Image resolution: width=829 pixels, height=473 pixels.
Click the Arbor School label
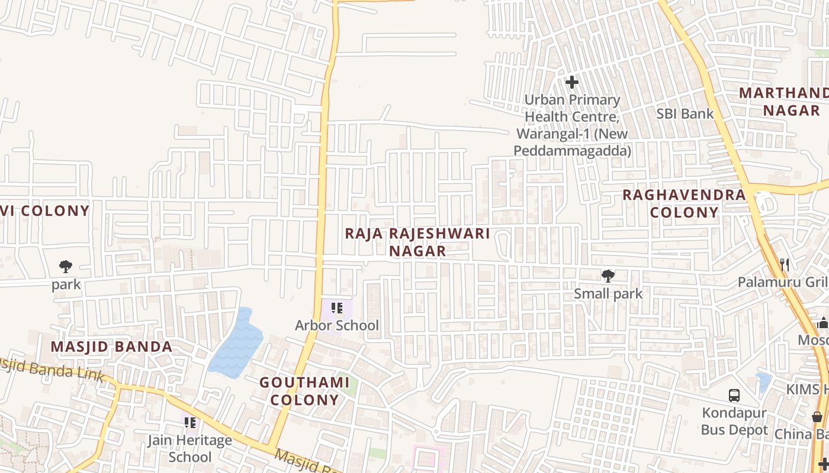[337, 325]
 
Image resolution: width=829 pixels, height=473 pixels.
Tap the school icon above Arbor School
[337, 308]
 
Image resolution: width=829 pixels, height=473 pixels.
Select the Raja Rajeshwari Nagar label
[417, 242]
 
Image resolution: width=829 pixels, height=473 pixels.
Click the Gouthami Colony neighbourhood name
[304, 391]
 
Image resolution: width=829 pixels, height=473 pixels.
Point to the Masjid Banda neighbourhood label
[111, 347]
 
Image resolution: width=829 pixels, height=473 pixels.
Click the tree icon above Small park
[608, 276]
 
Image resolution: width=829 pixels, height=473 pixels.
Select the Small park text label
[608, 294]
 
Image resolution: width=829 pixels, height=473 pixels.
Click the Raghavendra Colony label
[684, 203]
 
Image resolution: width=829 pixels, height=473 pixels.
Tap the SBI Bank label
[685, 114]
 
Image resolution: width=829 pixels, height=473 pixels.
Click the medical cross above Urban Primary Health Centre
[571, 82]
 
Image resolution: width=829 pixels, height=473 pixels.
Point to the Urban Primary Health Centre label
[572, 125]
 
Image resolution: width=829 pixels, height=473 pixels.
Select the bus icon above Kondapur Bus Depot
[734, 395]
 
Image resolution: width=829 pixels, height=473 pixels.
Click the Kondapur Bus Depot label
[734, 421]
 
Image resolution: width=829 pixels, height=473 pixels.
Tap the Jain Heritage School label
[189, 449]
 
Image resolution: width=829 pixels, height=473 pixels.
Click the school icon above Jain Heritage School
[189, 423]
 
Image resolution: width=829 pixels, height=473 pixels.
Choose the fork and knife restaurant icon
[785, 264]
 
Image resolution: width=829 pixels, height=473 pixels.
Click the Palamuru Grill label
[782, 282]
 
